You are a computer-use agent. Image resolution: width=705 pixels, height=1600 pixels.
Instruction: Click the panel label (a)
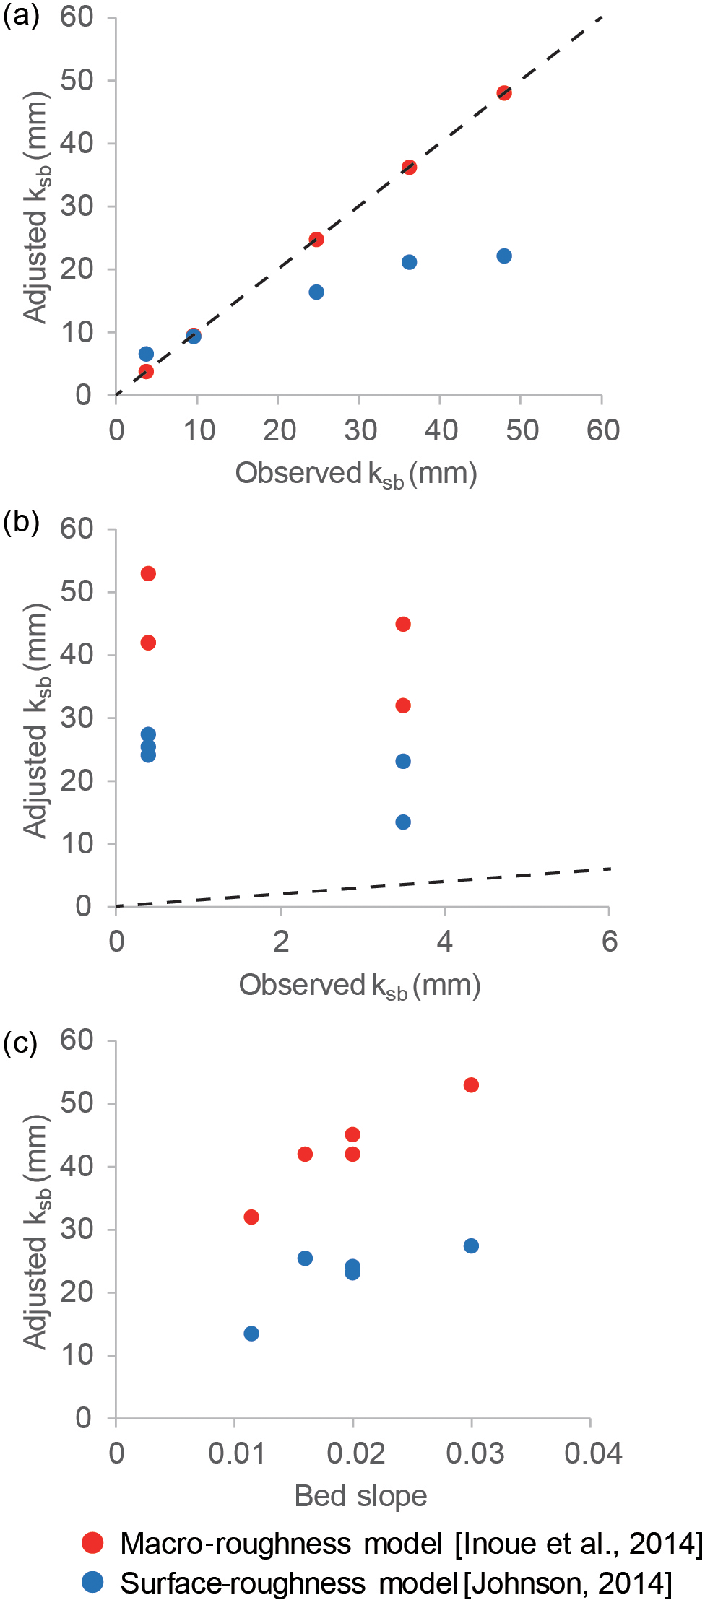point(21,16)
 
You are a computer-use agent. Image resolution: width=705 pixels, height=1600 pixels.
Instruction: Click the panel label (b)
point(21,521)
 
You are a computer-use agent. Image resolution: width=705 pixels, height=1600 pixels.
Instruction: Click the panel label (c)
point(20,1043)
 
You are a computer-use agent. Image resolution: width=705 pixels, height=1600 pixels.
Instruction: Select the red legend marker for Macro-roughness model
point(92,1543)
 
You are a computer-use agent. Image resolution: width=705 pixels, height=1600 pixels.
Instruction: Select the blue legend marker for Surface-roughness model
point(92,1583)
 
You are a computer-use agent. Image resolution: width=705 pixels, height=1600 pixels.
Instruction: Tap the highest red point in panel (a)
point(504,93)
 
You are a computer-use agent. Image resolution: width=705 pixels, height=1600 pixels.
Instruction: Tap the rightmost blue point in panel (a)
point(504,256)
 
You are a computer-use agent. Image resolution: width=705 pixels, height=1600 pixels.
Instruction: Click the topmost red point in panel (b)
point(148,574)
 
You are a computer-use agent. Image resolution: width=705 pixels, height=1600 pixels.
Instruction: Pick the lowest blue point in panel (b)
point(403,822)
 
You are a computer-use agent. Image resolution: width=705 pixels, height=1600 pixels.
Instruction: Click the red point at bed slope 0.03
point(471,1085)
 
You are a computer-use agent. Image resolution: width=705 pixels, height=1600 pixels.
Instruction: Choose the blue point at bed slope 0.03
point(471,1246)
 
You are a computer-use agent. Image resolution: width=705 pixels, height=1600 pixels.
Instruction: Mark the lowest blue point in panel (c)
point(251,1334)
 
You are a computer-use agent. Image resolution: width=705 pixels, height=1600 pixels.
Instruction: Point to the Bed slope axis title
point(360,1497)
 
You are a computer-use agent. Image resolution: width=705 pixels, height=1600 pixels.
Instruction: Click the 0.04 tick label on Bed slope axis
point(593,1453)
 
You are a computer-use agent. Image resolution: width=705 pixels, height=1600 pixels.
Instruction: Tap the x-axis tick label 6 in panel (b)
point(610,942)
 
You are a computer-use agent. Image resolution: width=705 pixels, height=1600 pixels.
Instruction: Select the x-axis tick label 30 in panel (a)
point(360,430)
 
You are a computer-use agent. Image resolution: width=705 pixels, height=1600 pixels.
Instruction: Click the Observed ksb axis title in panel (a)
point(356,474)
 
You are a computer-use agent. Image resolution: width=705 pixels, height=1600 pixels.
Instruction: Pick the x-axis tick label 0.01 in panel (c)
point(237,1453)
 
